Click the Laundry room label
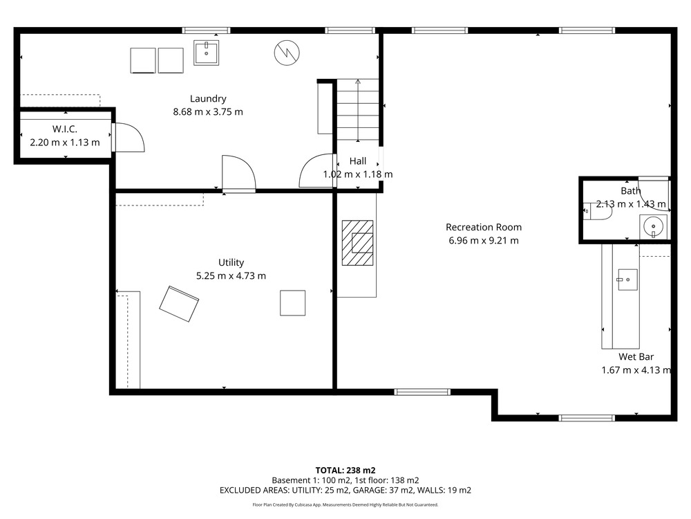(208, 99)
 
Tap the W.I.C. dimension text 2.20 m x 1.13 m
(65, 143)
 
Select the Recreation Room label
(484, 227)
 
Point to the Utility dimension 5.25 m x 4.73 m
(231, 276)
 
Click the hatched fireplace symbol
(357, 243)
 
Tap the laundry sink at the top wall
(206, 53)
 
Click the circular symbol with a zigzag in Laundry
(287, 53)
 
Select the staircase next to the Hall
(358, 110)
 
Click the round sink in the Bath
(653, 227)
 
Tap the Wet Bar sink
(627, 280)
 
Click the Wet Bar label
(636, 356)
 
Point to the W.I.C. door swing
(129, 137)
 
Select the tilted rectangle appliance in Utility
(179, 304)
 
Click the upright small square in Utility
(292, 303)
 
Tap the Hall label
(358, 161)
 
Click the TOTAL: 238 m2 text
(345, 471)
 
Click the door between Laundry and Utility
(239, 174)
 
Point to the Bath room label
(631, 191)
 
